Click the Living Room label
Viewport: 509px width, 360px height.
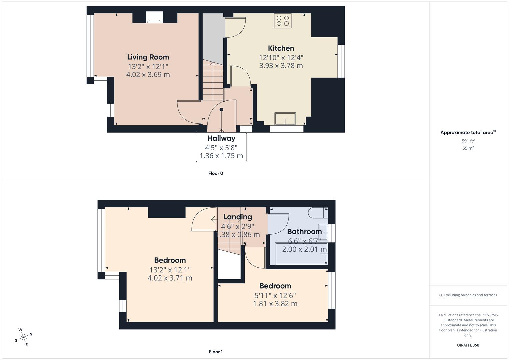coord(148,57)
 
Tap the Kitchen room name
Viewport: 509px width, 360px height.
coord(281,48)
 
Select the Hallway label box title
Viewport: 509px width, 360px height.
coord(221,138)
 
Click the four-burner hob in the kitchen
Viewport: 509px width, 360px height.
coord(283,21)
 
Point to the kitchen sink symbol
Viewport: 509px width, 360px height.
coord(285,119)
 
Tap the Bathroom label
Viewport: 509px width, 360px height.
coord(304,231)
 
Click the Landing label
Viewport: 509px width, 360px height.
coord(237,217)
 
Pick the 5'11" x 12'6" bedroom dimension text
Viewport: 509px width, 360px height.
coord(275,295)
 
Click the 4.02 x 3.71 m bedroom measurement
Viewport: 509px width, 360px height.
coord(170,278)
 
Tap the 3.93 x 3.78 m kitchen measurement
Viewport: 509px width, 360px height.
coord(281,66)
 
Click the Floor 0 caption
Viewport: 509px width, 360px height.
coord(216,173)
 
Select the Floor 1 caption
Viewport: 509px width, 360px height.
coord(216,352)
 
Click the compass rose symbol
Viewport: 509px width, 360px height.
coord(23,337)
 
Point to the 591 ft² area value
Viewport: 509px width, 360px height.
coord(468,141)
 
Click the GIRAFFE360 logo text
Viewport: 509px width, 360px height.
coord(468,345)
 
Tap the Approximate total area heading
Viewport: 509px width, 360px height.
coord(468,133)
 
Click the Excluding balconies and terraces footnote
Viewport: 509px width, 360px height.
coord(468,295)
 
